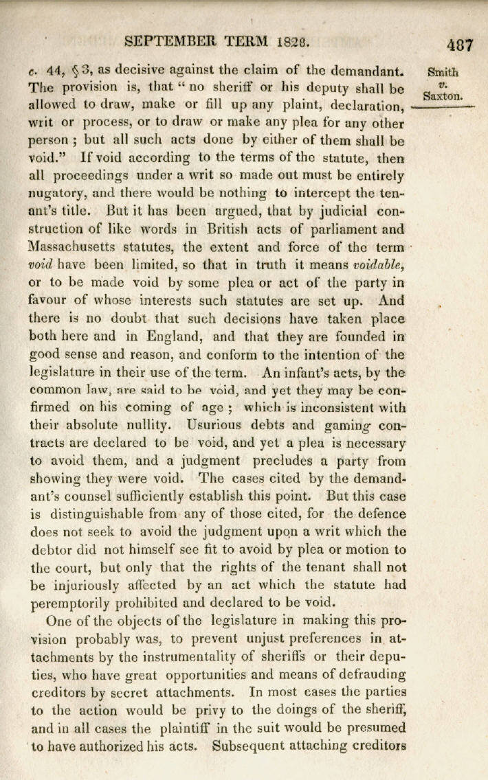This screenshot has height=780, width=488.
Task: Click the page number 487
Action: pyautogui.click(x=459, y=46)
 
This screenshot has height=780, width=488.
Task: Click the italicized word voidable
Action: pyautogui.click(x=380, y=264)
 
